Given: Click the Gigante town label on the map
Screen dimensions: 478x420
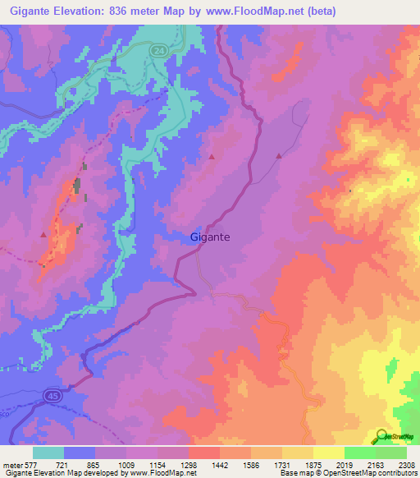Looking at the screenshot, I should click(209, 237).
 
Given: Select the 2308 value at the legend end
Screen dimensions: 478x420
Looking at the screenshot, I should click(406, 465).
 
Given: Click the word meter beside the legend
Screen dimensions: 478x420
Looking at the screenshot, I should click(11, 465).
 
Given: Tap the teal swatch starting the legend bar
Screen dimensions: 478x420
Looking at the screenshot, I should click(48, 453).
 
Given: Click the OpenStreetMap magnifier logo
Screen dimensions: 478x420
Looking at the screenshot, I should click(380, 436).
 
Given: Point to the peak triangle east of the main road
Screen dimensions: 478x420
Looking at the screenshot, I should click(279, 155).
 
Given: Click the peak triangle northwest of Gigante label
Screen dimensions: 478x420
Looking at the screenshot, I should click(212, 155).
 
